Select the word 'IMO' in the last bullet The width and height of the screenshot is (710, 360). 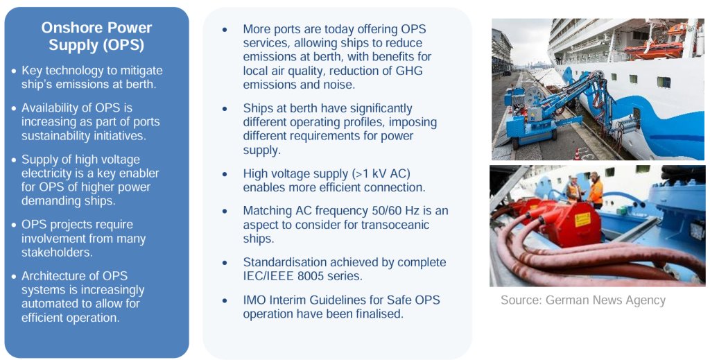click(255, 300)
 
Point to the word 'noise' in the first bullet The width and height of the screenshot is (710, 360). click(336, 85)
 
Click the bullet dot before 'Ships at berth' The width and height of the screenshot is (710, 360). click(225, 110)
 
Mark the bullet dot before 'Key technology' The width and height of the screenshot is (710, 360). click(14, 71)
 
